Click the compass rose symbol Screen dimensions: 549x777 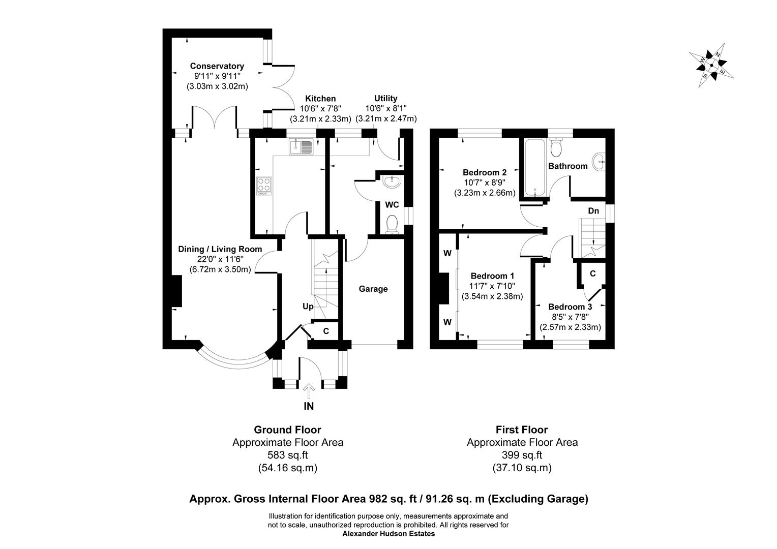pyautogui.click(x=711, y=65)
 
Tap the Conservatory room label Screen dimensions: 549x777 pyautogui.click(x=217, y=66)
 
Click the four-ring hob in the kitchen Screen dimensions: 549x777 pyautogui.click(x=264, y=186)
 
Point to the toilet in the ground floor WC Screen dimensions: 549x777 pyautogui.click(x=392, y=224)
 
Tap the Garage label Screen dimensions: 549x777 pyautogui.click(x=373, y=289)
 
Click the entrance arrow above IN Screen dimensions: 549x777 pyautogui.click(x=309, y=391)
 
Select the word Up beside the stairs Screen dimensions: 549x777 pyautogui.click(x=308, y=307)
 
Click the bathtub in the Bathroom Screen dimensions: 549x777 pyautogui.click(x=535, y=166)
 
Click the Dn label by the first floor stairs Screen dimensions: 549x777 pyautogui.click(x=593, y=210)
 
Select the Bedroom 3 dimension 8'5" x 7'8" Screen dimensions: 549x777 pyautogui.click(x=570, y=317)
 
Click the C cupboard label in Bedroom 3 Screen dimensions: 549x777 pyautogui.click(x=592, y=273)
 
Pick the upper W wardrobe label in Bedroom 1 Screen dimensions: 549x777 pyautogui.click(x=447, y=253)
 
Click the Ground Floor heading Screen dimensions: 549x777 pyautogui.click(x=287, y=430)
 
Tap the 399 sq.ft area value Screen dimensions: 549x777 pyautogui.click(x=522, y=455)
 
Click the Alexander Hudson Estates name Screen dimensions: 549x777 pyautogui.click(x=388, y=534)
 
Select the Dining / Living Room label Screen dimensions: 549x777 pyautogui.click(x=220, y=249)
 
